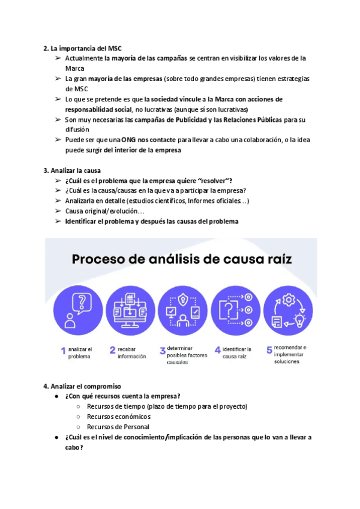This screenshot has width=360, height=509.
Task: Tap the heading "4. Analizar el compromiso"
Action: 82,386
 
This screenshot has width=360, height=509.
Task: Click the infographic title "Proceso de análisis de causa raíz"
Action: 181,260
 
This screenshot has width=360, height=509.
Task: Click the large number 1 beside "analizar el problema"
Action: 62,352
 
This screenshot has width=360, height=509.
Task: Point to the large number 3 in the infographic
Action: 162,351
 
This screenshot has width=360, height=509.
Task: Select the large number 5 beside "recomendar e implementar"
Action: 269,350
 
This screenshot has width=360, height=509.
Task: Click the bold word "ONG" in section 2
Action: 128,140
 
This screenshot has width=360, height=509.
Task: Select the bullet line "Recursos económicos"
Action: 119,417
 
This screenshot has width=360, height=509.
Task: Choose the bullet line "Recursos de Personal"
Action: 118,427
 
